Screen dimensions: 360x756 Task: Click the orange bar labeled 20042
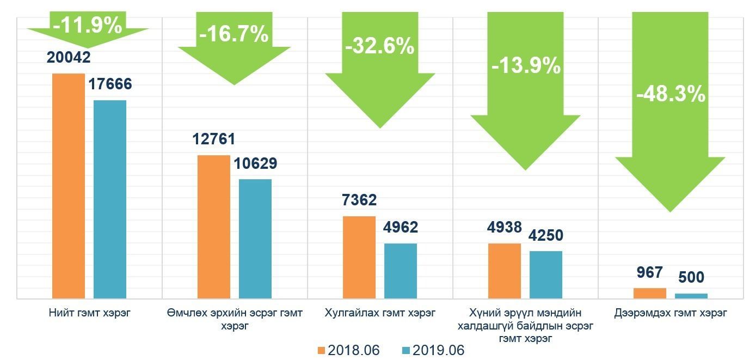click(69, 186)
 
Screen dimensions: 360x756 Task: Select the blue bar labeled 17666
click(110, 199)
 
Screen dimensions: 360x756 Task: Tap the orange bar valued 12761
click(214, 227)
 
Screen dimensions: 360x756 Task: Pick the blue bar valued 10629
click(255, 239)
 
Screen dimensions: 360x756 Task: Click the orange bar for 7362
click(359, 257)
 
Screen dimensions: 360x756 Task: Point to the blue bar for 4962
click(401, 271)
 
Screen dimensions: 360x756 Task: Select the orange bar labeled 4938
click(505, 271)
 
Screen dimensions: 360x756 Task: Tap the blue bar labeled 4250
click(546, 274)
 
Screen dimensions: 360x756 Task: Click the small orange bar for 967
click(650, 293)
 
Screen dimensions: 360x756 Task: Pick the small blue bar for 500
click(691, 296)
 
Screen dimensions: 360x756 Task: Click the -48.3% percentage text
click(671, 95)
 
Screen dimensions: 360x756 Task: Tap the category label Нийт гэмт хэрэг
click(89, 313)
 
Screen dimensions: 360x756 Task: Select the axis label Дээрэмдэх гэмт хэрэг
click(671, 313)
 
